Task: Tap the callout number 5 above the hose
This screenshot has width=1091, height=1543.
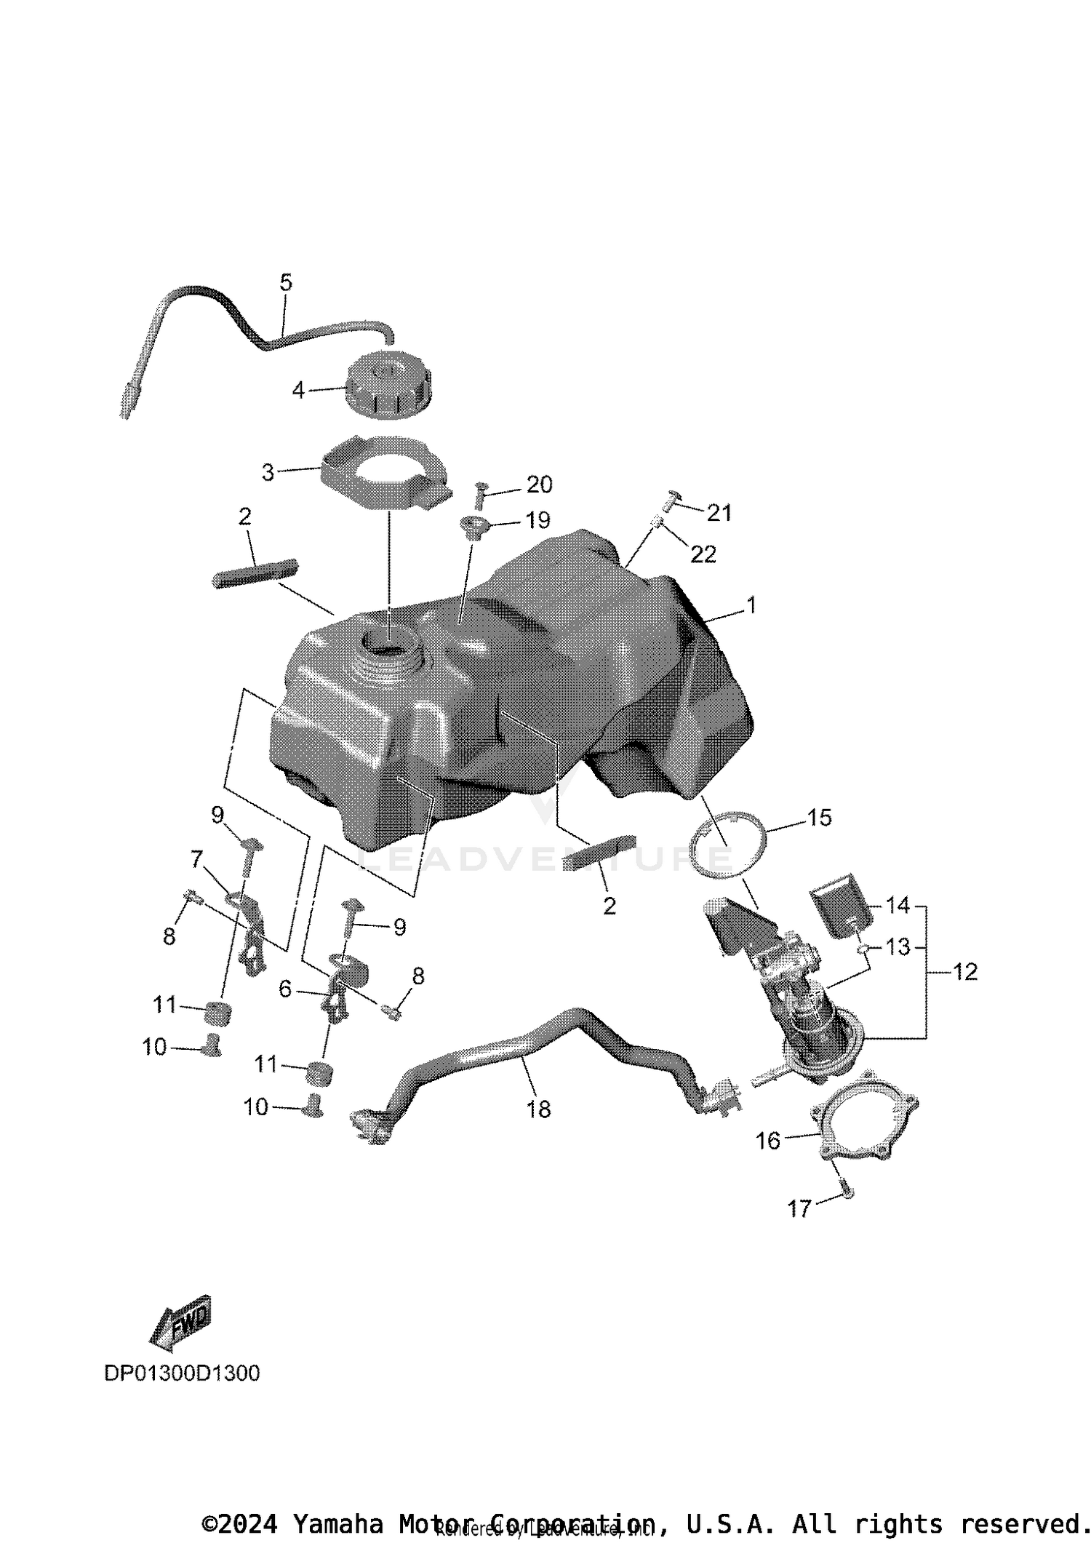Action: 286,282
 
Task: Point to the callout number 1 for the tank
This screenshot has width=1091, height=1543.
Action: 751,605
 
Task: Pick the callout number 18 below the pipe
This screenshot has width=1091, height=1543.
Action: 538,1109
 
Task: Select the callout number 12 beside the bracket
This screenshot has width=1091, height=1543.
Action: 965,972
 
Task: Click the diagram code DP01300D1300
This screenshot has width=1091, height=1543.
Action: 182,1373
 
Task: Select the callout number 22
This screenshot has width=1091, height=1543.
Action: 703,554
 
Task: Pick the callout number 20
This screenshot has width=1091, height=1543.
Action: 539,485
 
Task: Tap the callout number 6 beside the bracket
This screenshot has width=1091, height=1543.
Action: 285,989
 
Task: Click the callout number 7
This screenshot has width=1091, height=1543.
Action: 196,860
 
